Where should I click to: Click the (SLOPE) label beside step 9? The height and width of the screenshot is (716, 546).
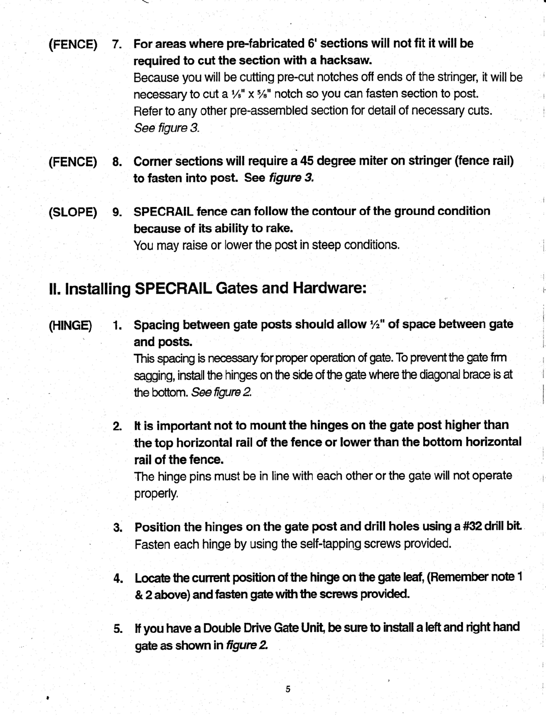(x=72, y=211)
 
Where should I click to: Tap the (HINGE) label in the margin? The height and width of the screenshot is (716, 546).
(x=72, y=325)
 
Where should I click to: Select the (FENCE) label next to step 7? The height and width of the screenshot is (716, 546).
(x=73, y=44)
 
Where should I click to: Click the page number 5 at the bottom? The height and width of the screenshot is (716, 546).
(x=288, y=690)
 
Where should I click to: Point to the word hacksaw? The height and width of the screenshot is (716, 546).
(x=345, y=61)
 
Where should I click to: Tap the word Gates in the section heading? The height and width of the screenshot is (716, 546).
(x=236, y=289)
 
